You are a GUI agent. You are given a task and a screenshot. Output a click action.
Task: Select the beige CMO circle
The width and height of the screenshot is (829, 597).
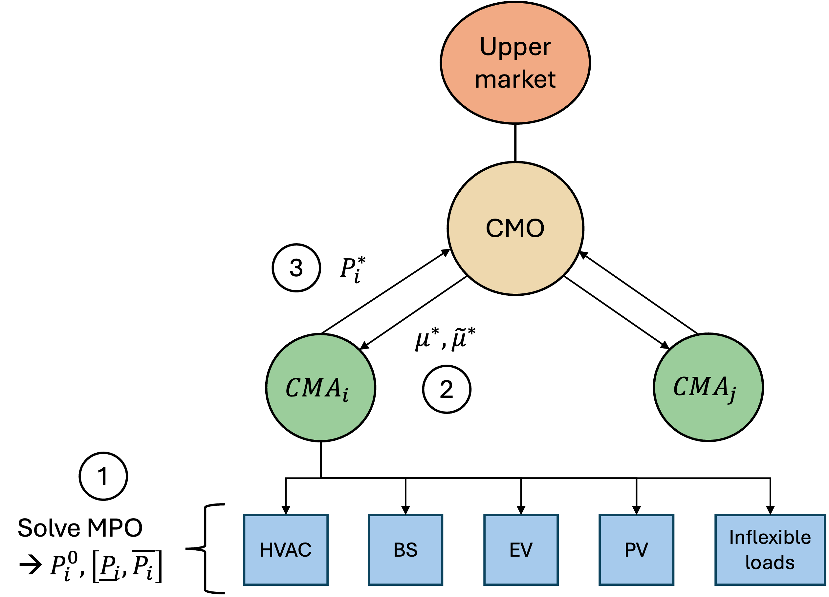[515, 256]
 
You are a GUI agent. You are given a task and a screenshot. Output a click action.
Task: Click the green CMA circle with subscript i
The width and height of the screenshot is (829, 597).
[320, 416]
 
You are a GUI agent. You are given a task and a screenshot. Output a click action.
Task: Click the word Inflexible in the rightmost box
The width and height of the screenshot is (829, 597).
[770, 538]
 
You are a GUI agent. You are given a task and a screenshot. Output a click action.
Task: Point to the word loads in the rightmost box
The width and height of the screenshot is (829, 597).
[770, 562]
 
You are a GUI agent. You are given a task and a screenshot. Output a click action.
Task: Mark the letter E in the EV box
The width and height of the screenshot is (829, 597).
[515, 550]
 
